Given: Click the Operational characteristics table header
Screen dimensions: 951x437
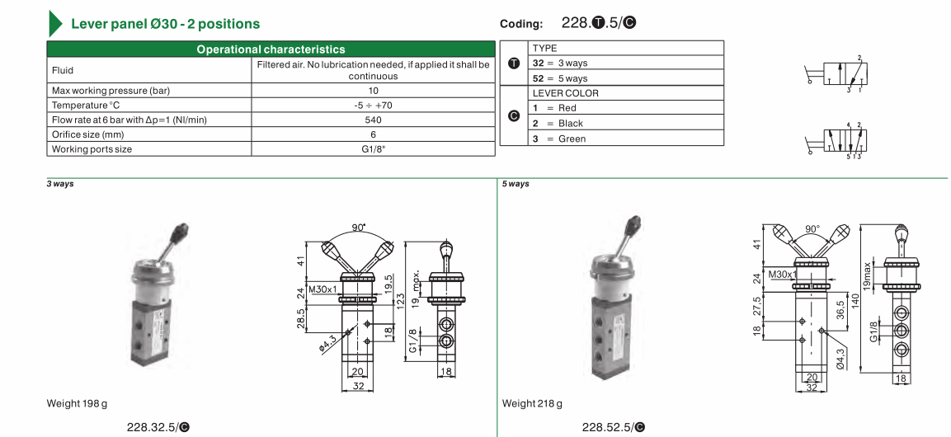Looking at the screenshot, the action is pos(271,49).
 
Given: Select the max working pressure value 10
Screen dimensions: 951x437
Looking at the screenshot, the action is pos(373,91).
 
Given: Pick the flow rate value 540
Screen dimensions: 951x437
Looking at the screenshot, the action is pos(373,120).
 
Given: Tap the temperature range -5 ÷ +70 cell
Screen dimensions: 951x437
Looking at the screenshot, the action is pos(373,106).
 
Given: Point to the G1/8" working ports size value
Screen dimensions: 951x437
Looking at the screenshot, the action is pos(373,149).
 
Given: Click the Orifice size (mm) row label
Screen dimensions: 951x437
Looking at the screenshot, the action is pos(88,134).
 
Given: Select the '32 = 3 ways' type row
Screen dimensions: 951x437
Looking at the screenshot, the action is pos(560,63).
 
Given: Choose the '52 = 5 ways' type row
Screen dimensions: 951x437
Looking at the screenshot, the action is pos(560,78).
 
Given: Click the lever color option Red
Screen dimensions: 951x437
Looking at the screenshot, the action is pos(554,108).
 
